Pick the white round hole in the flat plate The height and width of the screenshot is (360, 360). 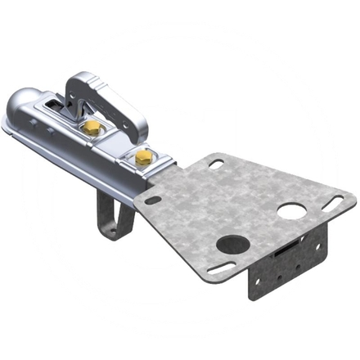[290, 210]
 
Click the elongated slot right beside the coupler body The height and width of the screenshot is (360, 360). [152, 199]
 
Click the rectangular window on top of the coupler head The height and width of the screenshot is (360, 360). [51, 102]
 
